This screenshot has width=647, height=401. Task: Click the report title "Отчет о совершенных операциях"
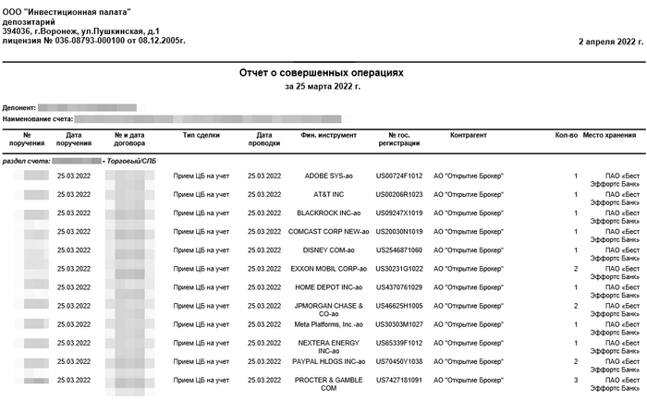[323, 72]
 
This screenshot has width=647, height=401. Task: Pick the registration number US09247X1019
[399, 213]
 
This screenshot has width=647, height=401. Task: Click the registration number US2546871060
[399, 249]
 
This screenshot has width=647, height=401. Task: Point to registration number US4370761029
[399, 286]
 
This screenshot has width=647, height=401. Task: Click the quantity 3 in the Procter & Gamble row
[575, 380]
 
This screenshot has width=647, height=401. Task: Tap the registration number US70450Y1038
[399, 361]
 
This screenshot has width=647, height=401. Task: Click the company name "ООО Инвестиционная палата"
[67, 12]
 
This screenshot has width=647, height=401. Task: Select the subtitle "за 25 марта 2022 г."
[323, 86]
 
